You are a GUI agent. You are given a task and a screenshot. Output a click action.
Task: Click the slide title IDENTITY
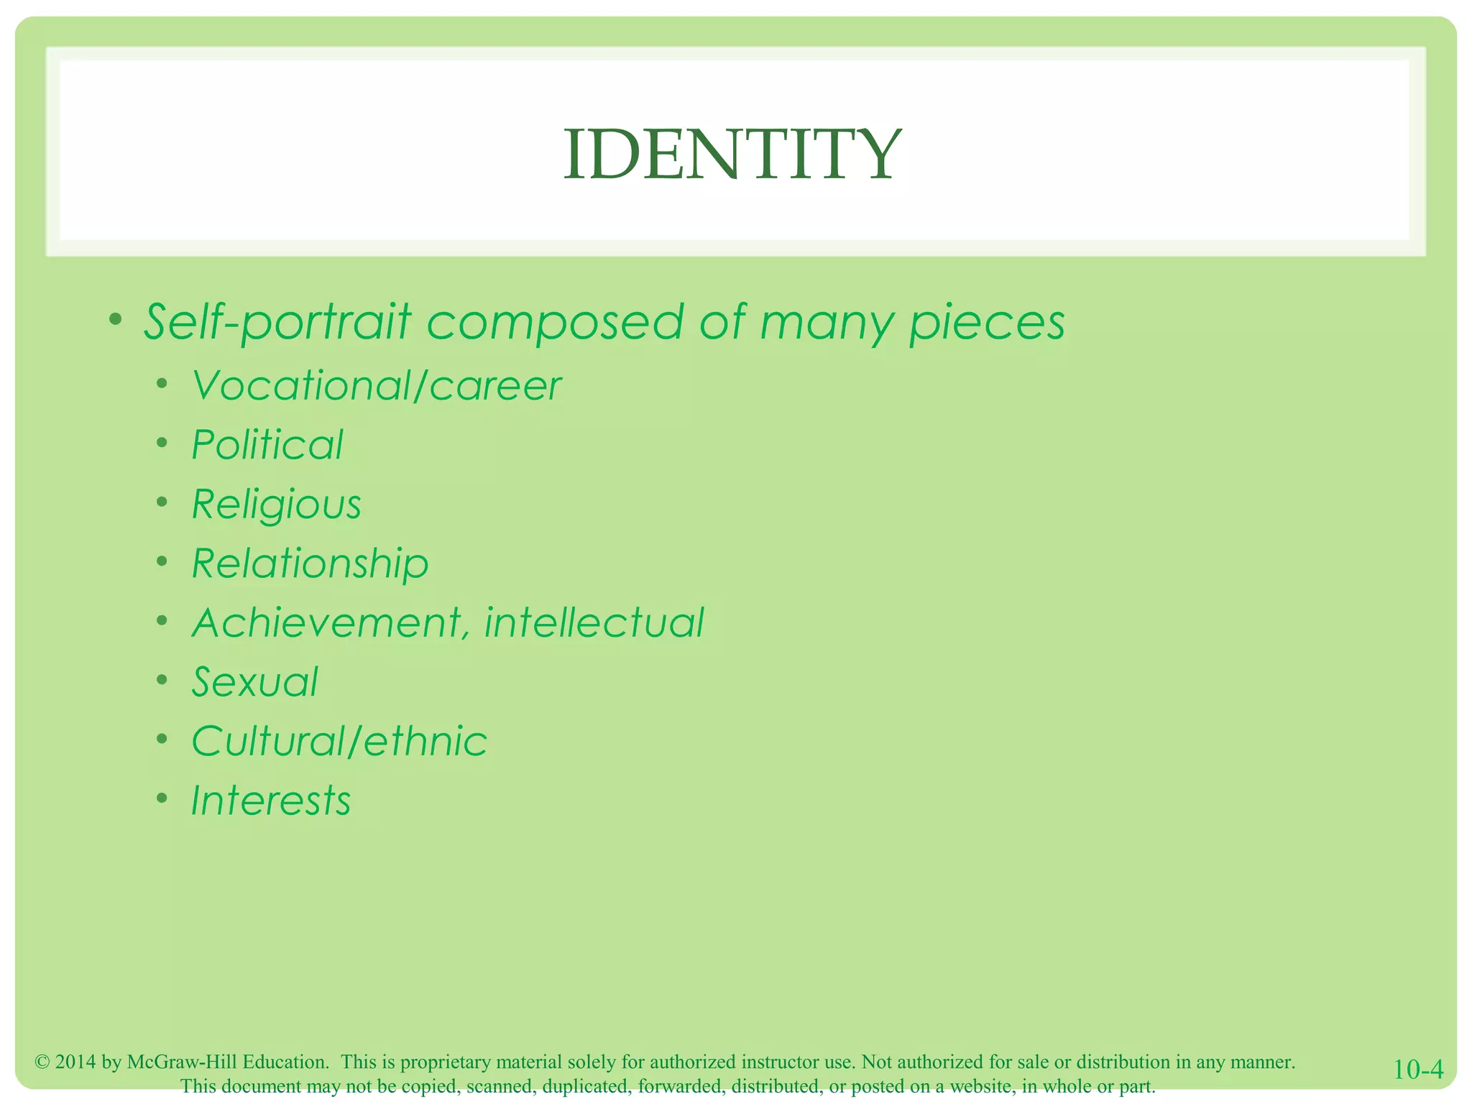[x=732, y=155]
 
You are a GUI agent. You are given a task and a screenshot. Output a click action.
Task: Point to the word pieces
[x=987, y=323]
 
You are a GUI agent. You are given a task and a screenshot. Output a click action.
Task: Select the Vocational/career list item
[x=376, y=386]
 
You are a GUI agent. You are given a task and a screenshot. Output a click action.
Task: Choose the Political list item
[x=267, y=445]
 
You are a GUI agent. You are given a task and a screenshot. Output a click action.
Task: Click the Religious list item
[x=277, y=505]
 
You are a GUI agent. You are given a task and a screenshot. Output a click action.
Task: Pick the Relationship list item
[x=310, y=563]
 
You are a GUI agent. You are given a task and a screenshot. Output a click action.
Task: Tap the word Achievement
[x=331, y=622]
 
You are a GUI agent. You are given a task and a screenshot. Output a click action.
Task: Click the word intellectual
[x=594, y=622]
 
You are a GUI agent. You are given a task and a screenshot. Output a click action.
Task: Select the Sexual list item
[x=254, y=681]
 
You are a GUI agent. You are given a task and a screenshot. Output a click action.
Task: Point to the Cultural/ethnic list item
[x=339, y=741]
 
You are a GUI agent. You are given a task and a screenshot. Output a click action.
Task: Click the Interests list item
[x=271, y=800]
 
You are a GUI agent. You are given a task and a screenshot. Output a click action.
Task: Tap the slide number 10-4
[x=1417, y=1069]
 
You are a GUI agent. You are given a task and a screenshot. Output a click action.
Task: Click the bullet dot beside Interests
[x=163, y=798]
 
